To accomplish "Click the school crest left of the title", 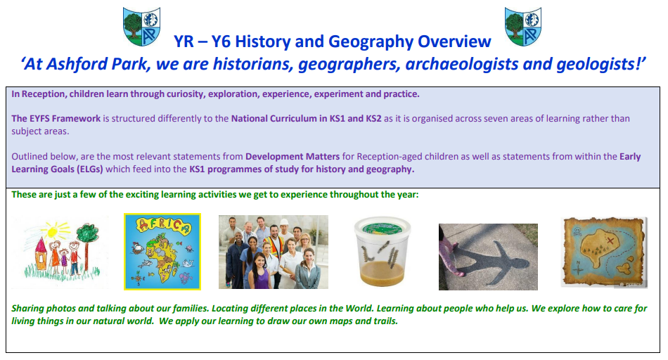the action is [x=142, y=27].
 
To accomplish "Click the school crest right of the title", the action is [x=523, y=27].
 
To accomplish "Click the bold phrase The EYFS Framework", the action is [x=56, y=118].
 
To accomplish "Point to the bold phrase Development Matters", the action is [x=293, y=156].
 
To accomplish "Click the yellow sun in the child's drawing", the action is [x=53, y=231].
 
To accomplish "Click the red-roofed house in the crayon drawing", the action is [x=40, y=254].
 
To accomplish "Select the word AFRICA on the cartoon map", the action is [x=163, y=226].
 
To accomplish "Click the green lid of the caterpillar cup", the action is [x=382, y=228].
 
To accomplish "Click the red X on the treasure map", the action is [x=610, y=241].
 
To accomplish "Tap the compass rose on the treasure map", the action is [x=578, y=269].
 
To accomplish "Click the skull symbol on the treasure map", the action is [x=577, y=231].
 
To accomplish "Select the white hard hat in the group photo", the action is [x=284, y=222].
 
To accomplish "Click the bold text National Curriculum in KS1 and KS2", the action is [x=307, y=118].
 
